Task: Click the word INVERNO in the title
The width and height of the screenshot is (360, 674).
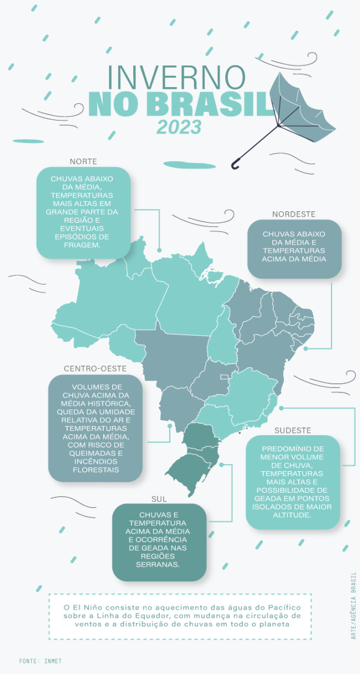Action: pos(176,78)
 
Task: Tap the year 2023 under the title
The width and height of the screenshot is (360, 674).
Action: pos(178,127)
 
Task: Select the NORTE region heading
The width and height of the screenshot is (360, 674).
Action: pos(83,161)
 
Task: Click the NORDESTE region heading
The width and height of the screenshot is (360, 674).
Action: pos(294,214)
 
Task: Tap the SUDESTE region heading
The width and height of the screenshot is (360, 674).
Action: pos(293,430)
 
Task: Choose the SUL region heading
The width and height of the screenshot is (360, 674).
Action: pos(158,498)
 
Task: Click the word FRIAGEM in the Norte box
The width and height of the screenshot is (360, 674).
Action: pos(83,245)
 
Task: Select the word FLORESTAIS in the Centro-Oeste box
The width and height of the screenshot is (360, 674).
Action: pos(95,469)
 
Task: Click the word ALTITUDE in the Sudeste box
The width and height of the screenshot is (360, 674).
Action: pos(293,514)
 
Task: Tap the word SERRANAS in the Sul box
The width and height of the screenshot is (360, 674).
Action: pos(159,564)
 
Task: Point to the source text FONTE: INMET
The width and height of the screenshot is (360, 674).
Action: pos(41,660)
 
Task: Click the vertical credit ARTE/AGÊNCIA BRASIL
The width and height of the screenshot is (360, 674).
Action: pos(354,605)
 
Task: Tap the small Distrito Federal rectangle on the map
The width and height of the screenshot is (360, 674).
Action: pos(224,376)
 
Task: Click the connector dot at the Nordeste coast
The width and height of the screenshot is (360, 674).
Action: pos(305,349)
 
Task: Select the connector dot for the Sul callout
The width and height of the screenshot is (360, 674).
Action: pos(222,465)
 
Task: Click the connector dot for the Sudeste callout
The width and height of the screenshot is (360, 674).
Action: pos(281,408)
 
